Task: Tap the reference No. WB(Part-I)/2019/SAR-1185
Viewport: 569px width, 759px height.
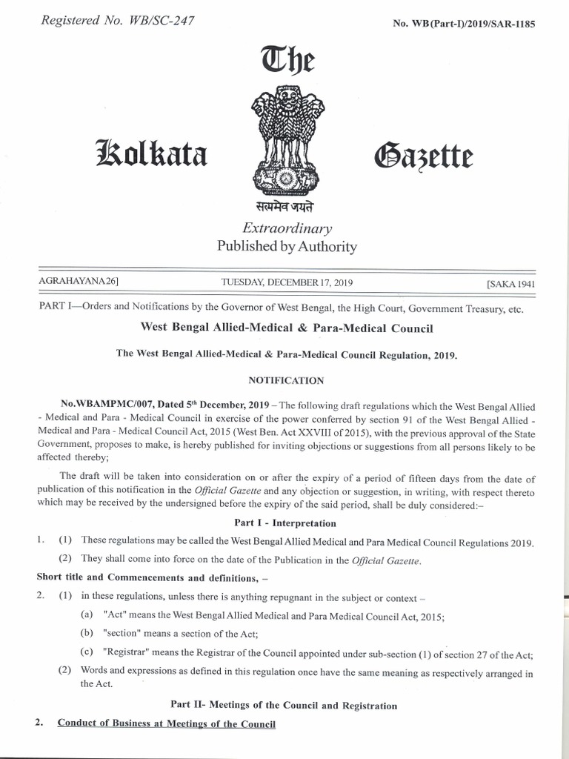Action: click(462, 23)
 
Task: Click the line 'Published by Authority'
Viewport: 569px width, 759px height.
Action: click(286, 247)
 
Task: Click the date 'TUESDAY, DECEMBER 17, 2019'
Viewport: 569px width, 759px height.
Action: click(287, 283)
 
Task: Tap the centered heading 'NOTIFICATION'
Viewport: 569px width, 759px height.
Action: click(285, 380)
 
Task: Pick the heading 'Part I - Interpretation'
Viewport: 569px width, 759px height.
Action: click(285, 523)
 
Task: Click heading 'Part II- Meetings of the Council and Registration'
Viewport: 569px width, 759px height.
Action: click(284, 706)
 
